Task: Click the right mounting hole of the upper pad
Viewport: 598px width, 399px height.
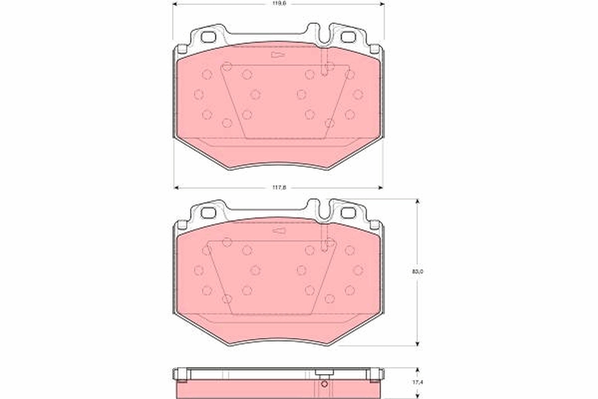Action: [x=347, y=37]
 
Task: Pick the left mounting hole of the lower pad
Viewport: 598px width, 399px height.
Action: [x=208, y=213]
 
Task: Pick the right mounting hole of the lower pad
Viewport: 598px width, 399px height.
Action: [x=347, y=213]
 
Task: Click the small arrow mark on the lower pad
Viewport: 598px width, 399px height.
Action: [x=278, y=230]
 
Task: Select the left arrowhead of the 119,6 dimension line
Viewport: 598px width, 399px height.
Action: [x=175, y=3]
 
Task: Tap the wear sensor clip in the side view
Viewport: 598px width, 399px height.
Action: [x=324, y=374]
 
